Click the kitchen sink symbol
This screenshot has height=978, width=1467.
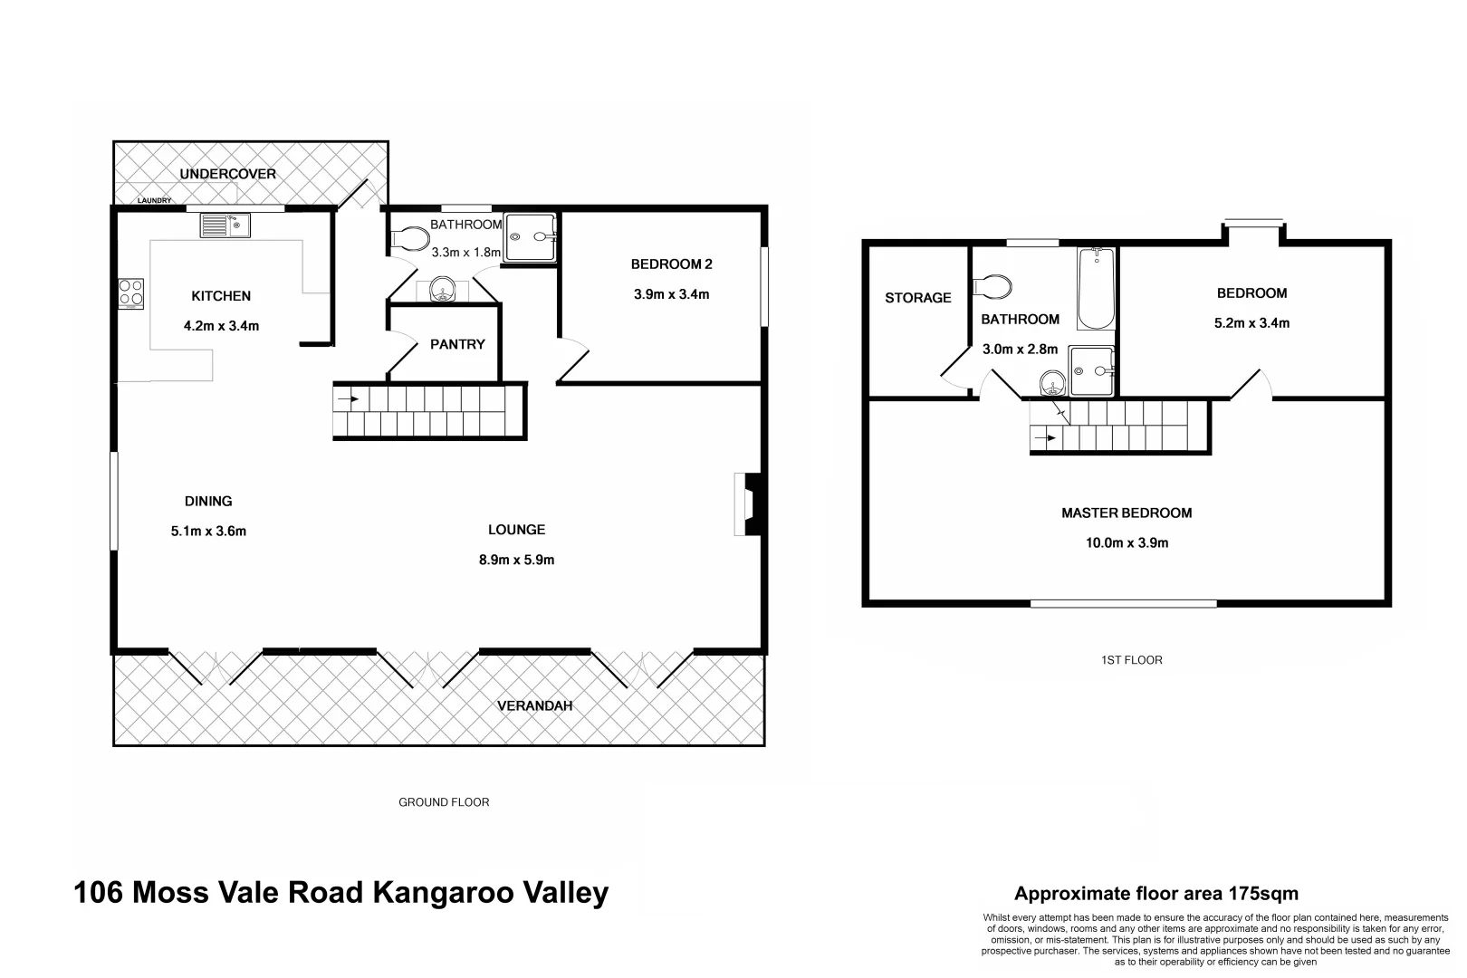click(225, 225)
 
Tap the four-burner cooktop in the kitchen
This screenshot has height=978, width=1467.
click(131, 292)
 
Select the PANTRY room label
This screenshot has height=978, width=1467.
click(457, 344)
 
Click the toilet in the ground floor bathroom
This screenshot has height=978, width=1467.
click(410, 239)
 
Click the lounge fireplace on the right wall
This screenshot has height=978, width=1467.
click(749, 504)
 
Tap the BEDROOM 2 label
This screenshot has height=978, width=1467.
click(671, 264)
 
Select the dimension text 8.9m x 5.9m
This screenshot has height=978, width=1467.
click(516, 560)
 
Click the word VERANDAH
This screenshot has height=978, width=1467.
click(534, 705)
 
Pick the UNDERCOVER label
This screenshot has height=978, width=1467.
click(227, 174)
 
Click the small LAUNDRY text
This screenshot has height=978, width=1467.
click(154, 200)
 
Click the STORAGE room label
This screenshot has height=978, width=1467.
click(917, 297)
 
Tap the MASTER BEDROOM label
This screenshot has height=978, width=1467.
click(1126, 513)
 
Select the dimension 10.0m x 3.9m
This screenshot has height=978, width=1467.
click(1126, 543)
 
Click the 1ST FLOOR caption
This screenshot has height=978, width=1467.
click(1131, 660)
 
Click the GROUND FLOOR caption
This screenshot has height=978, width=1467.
click(444, 802)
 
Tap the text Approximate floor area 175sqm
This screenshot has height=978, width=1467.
click(1155, 894)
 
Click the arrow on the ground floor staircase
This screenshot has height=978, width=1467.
click(347, 398)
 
